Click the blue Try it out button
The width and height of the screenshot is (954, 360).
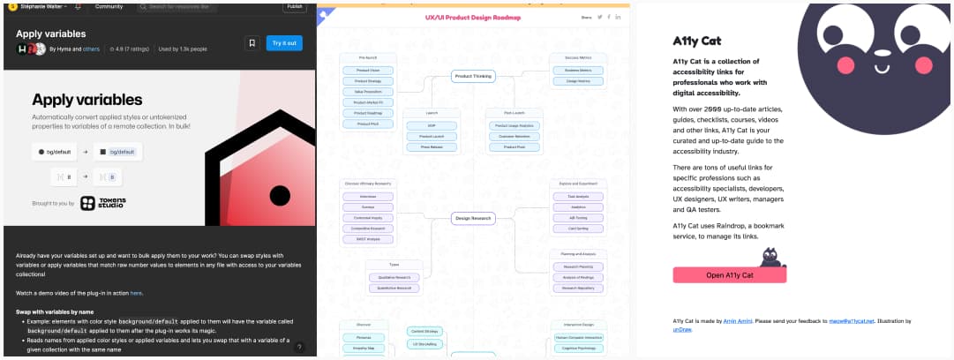[x=284, y=42]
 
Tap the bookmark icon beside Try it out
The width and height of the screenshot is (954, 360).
[x=252, y=42]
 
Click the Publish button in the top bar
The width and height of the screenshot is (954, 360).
[x=295, y=5]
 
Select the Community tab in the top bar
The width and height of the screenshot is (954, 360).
[x=109, y=6]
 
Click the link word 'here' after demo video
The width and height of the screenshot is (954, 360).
[x=137, y=292]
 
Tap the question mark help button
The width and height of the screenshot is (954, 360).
[x=300, y=348]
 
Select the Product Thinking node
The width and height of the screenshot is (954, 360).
[x=473, y=76]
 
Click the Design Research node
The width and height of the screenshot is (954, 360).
[x=473, y=217]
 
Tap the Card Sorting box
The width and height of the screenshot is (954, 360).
[x=578, y=229]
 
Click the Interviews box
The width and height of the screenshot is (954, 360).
[x=368, y=197]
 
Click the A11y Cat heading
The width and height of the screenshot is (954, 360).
[x=697, y=41]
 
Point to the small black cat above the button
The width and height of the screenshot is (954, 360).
[x=773, y=256]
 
